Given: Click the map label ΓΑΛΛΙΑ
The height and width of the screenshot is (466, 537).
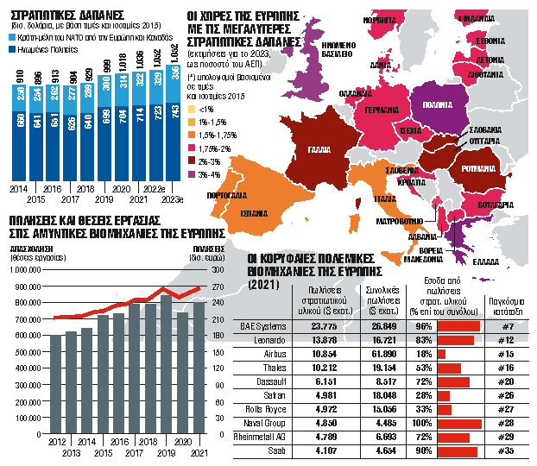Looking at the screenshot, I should [x=323, y=148].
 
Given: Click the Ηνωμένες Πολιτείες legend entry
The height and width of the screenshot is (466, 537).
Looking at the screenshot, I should [x=47, y=50].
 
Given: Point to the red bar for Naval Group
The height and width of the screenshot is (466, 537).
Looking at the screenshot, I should [x=459, y=422].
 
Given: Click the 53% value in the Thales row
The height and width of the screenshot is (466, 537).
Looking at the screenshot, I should [x=424, y=368].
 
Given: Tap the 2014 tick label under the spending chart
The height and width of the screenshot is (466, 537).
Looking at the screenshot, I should [x=17, y=186].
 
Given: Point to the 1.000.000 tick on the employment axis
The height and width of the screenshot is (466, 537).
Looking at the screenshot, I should [x=28, y=270].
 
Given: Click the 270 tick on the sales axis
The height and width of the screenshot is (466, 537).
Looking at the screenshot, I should [x=195, y=270].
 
